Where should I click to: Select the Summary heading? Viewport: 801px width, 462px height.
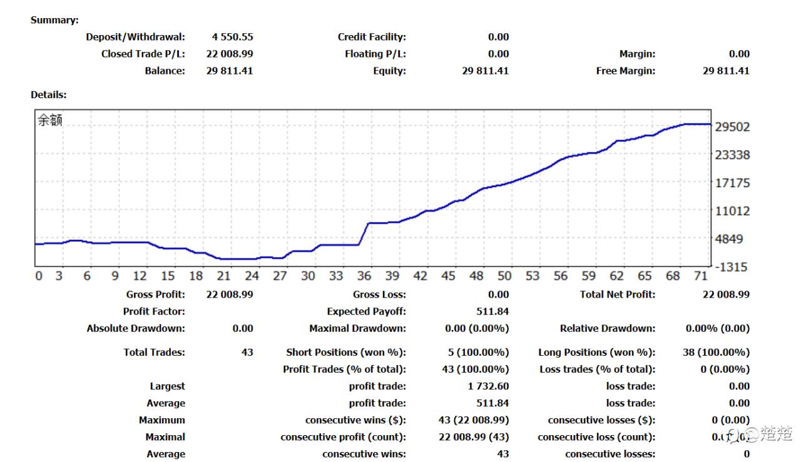click(x=54, y=20)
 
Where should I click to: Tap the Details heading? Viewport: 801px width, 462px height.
click(x=48, y=95)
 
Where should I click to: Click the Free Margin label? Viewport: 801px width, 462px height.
click(x=626, y=71)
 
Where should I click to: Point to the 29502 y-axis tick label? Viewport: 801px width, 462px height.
click(x=732, y=127)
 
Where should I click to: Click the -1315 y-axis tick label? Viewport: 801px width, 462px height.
click(x=732, y=267)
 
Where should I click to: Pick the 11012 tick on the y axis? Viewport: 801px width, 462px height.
click(x=732, y=211)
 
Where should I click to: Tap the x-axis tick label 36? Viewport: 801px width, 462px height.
click(x=364, y=276)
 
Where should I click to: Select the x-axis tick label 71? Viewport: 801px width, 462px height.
click(x=701, y=276)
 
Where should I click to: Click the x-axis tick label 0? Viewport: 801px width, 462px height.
click(x=39, y=276)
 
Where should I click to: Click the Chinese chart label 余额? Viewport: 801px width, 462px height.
click(x=51, y=121)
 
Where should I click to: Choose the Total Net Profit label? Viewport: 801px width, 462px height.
click(x=618, y=294)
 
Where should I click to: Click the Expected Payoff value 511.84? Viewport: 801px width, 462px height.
click(x=492, y=311)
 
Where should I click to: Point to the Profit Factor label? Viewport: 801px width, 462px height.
click(x=154, y=311)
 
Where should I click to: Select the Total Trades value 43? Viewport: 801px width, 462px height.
click(x=247, y=353)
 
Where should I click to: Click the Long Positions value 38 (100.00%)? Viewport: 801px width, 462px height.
click(x=716, y=353)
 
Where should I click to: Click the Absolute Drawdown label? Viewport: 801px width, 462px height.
click(x=136, y=328)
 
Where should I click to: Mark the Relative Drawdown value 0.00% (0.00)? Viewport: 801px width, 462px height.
click(x=717, y=328)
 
